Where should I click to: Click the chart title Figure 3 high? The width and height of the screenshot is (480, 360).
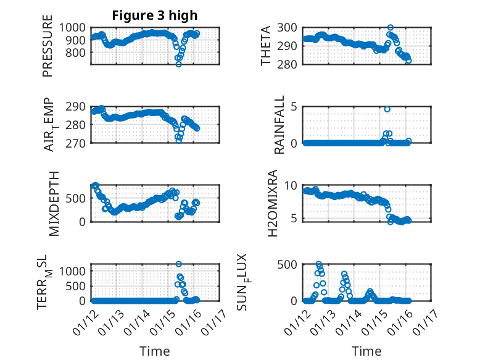pyautogui.click(x=154, y=15)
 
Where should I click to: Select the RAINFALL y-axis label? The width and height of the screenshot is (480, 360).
pyautogui.click(x=279, y=124)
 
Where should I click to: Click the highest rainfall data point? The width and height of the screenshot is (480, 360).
pyautogui.click(x=387, y=109)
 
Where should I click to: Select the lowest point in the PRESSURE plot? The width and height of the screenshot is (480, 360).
pyautogui.click(x=179, y=64)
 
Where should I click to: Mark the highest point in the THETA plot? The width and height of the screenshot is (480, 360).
pyautogui.click(x=391, y=28)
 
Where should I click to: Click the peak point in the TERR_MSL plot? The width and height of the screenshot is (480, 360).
pyautogui.click(x=179, y=264)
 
